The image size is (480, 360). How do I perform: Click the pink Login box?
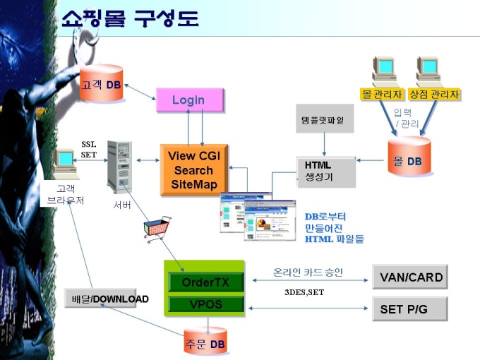[190, 100]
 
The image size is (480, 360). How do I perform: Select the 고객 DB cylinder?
[102, 83]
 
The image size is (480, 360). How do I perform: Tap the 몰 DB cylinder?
[409, 156]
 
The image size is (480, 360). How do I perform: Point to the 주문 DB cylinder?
[205, 341]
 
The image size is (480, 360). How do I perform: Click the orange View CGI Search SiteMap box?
[194, 170]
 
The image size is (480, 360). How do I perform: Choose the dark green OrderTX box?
[205, 282]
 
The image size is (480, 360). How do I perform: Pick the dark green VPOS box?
[205, 304]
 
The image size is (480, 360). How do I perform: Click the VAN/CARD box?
[410, 277]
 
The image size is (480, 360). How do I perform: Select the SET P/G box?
[410, 309]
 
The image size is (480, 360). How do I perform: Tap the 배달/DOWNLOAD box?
[100, 298]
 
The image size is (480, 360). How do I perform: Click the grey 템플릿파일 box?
[325, 119]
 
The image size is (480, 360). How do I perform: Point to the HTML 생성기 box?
[326, 172]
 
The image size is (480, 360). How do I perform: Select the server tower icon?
[120, 167]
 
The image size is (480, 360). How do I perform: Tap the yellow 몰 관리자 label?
[382, 95]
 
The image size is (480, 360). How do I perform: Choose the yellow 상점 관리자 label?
[435, 95]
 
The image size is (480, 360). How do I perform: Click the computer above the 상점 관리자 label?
[428, 71]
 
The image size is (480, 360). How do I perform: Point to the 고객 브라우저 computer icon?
[65, 164]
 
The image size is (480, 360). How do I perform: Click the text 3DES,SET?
[304, 292]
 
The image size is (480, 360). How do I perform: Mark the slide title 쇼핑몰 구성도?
[130, 18]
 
